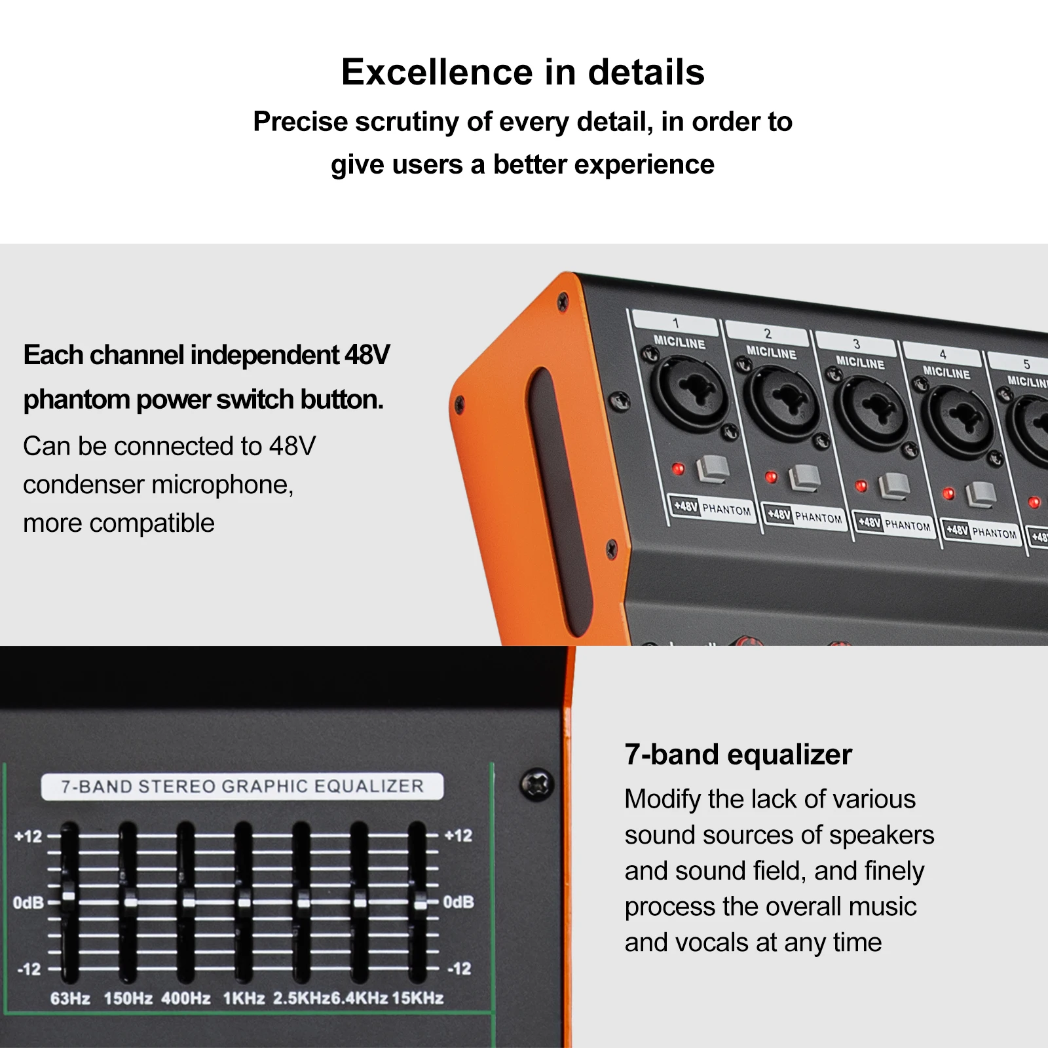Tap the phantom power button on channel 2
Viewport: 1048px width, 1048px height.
804,477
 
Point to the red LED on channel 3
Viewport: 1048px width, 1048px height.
861,486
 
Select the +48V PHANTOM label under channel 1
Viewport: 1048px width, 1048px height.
712,508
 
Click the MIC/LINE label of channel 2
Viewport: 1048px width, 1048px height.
772,352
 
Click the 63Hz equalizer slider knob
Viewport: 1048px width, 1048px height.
69,895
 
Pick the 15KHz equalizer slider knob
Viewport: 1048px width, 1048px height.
419,903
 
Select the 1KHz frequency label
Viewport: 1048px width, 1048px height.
244,998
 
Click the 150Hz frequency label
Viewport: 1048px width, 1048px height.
128,998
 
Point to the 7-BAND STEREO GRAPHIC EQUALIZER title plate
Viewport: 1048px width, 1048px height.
242,787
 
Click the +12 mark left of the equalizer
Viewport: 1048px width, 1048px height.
28,836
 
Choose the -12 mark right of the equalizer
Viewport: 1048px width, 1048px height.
459,968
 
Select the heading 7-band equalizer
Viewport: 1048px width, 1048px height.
738,755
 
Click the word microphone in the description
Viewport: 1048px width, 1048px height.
223,485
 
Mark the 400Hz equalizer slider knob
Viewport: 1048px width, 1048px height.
189,902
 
